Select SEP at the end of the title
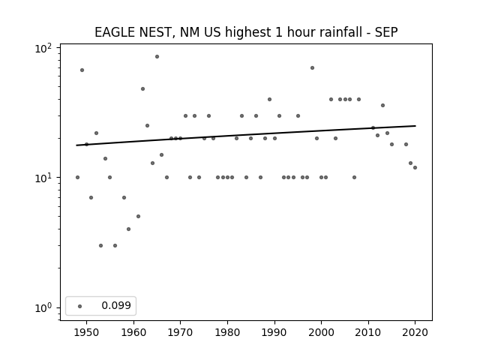[x=386, y=32]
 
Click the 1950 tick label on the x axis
[x=87, y=332]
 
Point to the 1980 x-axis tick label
[x=227, y=332]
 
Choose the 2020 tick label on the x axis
[x=415, y=332]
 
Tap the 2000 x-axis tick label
[x=321, y=332]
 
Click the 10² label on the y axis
[x=43, y=48]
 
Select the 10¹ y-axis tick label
[x=43, y=178]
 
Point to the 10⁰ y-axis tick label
[x=43, y=307]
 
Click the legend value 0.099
[x=116, y=305]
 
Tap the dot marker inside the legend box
[x=80, y=306]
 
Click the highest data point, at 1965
[x=157, y=57]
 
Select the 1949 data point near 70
[x=82, y=70]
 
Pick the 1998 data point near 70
[x=312, y=68]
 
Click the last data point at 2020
[x=415, y=167]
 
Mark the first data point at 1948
[x=77, y=177]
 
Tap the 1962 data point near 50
[x=142, y=88]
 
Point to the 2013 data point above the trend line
[x=382, y=105]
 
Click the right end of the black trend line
[x=415, y=126]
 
